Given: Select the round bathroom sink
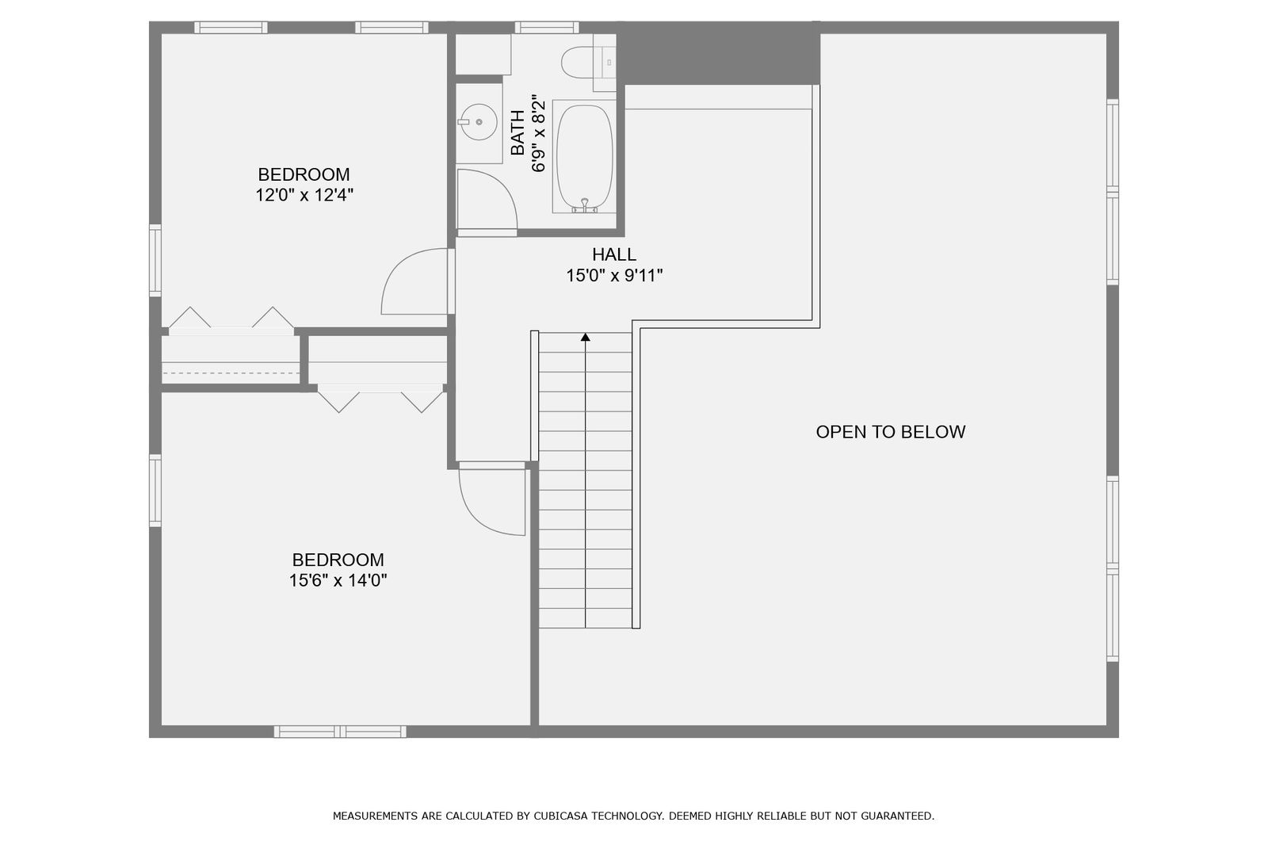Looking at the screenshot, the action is [479, 122].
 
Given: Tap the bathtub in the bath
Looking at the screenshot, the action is [584, 157].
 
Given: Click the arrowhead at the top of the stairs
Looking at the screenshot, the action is [586, 337].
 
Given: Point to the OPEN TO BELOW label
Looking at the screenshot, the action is [891, 432].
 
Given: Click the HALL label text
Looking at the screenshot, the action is [614, 254].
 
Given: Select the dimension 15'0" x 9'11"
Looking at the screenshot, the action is [614, 276].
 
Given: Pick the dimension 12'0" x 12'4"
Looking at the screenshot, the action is [304, 195].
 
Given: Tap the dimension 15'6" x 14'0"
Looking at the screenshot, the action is [338, 580].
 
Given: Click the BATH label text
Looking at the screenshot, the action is [518, 132].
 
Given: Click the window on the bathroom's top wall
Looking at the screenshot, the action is [546, 27].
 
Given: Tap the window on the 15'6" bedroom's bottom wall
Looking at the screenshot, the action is [340, 732].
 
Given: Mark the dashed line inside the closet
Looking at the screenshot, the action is [231, 373].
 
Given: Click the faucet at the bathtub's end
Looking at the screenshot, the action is [585, 205].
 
